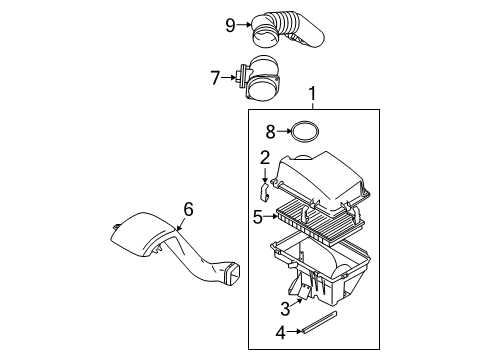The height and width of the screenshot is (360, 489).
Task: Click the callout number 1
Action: [x=315, y=96]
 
